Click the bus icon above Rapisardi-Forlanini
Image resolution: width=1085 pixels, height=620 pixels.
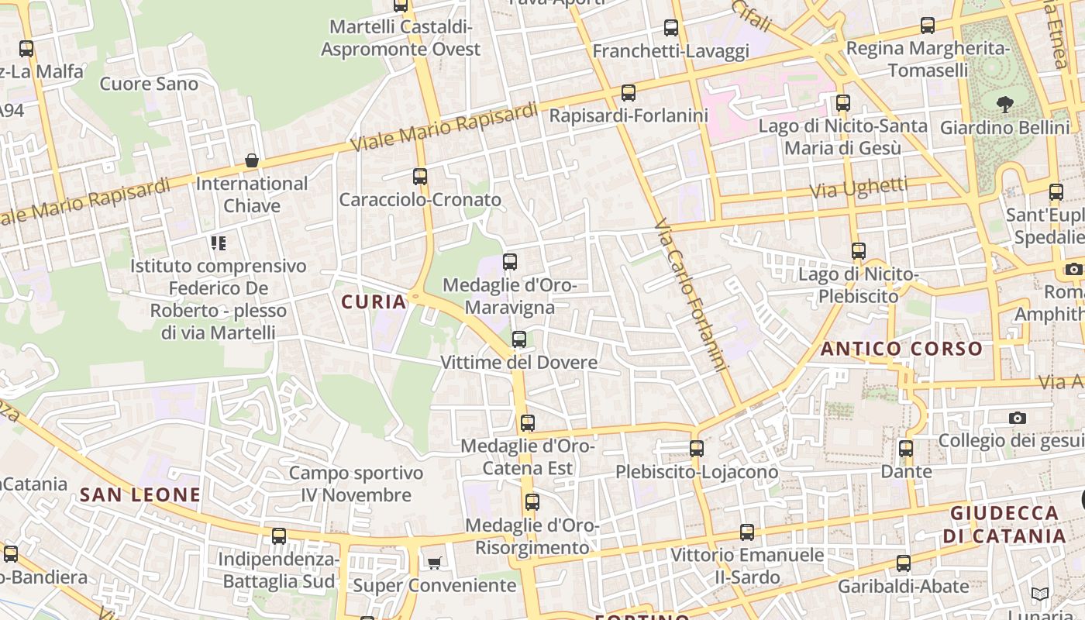point(629,93)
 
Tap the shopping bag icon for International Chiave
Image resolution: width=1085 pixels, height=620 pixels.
point(252,161)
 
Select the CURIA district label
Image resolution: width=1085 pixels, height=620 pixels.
point(374,302)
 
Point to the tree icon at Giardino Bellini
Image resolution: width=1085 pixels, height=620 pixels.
point(1005,104)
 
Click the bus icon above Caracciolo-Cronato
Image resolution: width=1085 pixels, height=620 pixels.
point(420,177)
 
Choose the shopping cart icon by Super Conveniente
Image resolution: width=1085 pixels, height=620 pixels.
point(434,562)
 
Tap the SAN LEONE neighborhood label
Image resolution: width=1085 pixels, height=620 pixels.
point(140,494)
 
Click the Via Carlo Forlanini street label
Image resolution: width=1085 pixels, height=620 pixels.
point(692,294)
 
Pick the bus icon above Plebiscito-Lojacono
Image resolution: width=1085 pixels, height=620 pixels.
point(697,449)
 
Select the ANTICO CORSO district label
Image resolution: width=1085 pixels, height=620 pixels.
point(901,349)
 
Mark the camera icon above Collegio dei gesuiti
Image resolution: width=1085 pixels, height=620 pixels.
point(1018,418)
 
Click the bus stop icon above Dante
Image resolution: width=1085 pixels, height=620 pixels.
point(906,449)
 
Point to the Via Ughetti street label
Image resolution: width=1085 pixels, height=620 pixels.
point(859,188)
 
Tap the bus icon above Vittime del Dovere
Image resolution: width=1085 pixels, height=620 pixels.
point(519,339)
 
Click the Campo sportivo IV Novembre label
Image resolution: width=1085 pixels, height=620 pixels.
point(356,484)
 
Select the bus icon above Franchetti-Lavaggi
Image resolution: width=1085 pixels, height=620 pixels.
point(671,29)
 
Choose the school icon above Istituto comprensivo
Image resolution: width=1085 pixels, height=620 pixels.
point(219,243)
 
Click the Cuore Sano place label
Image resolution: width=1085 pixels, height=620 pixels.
point(149,83)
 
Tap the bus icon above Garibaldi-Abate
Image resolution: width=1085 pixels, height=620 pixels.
point(904,563)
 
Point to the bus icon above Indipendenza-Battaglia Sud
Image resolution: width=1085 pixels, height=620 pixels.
point(279,536)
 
